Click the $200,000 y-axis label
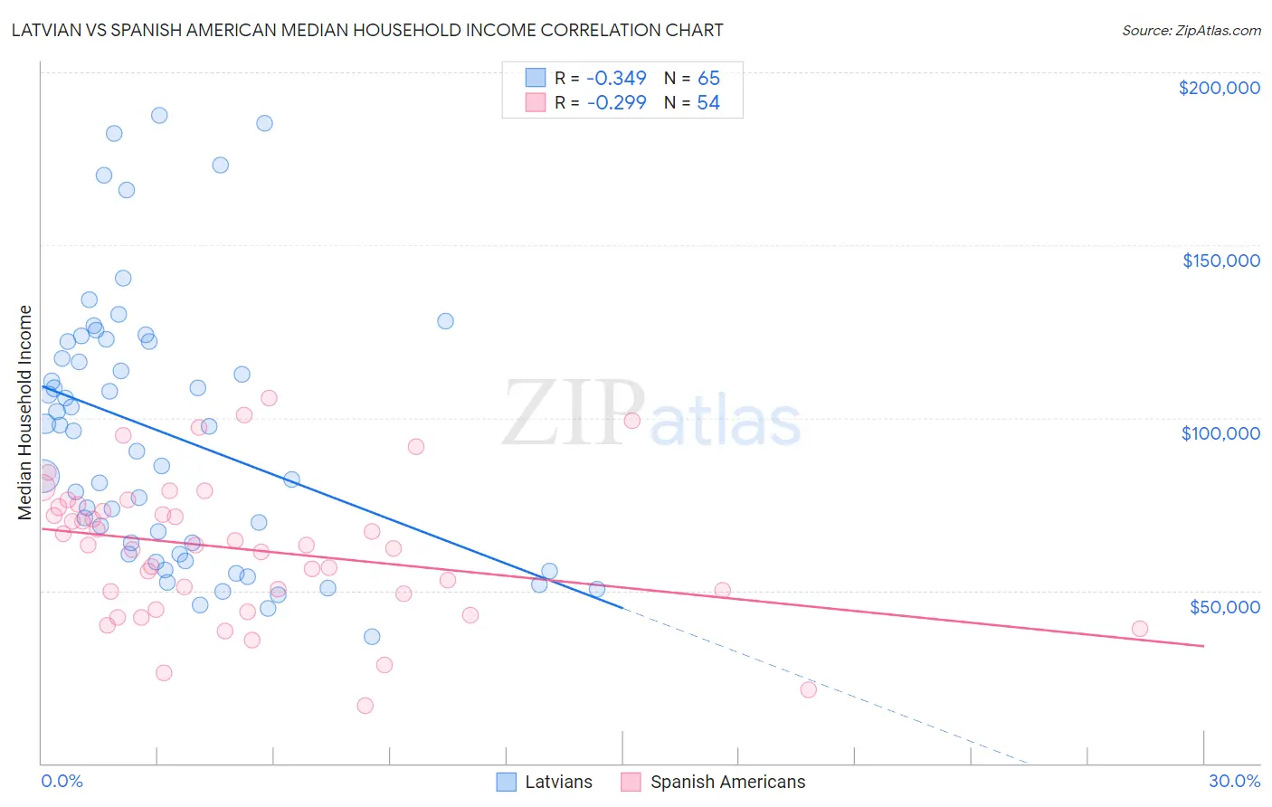point(1219,88)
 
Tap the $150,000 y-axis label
point(1220,261)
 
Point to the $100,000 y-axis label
point(1220,433)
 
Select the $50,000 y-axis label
point(1224,607)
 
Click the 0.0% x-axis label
point(62,781)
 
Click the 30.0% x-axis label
point(1234,781)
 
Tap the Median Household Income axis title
point(25,413)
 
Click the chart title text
point(367,30)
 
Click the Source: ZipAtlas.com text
point(1191,31)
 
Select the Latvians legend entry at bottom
point(545,782)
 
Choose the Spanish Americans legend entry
point(713,782)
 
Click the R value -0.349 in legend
point(616,78)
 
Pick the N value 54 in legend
point(708,103)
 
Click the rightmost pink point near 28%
point(1140,629)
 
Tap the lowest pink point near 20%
point(809,689)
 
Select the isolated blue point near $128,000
point(445,321)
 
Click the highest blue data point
point(159,115)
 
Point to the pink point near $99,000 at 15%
point(632,421)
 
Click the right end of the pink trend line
point(1203,646)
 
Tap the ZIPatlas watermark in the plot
point(651,414)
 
